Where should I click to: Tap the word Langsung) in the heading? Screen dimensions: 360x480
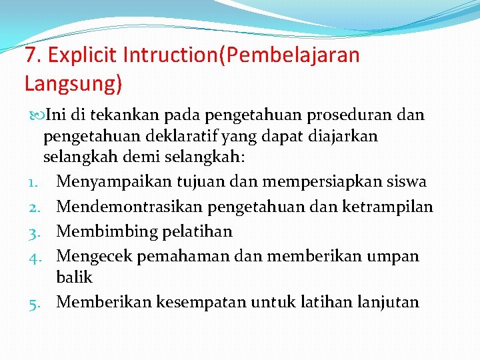(73, 83)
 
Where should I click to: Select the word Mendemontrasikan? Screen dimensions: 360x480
(130, 207)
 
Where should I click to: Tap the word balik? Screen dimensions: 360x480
(75, 277)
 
